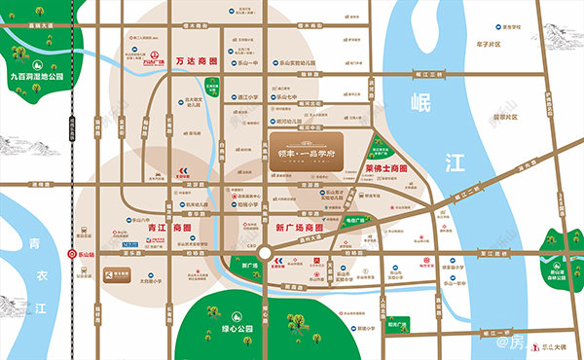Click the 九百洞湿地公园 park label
(36, 75)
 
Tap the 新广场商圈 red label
(299, 226)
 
